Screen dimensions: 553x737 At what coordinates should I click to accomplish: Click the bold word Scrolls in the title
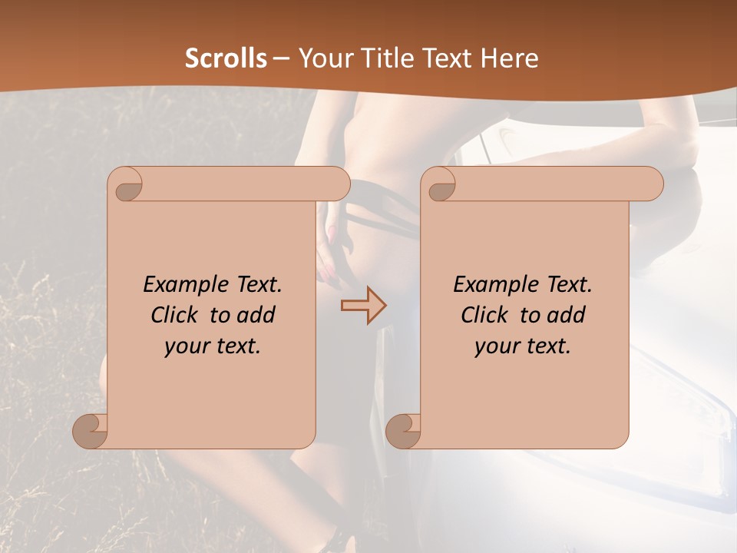(226, 58)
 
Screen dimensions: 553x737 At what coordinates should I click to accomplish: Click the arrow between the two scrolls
(363, 305)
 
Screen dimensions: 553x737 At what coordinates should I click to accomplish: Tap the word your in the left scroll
(186, 346)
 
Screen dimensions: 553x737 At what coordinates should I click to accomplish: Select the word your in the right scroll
(496, 346)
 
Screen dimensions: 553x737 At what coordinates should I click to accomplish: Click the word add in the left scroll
(257, 315)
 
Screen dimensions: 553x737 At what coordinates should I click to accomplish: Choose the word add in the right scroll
(567, 315)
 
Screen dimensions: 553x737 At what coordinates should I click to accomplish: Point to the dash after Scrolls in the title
(281, 58)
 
